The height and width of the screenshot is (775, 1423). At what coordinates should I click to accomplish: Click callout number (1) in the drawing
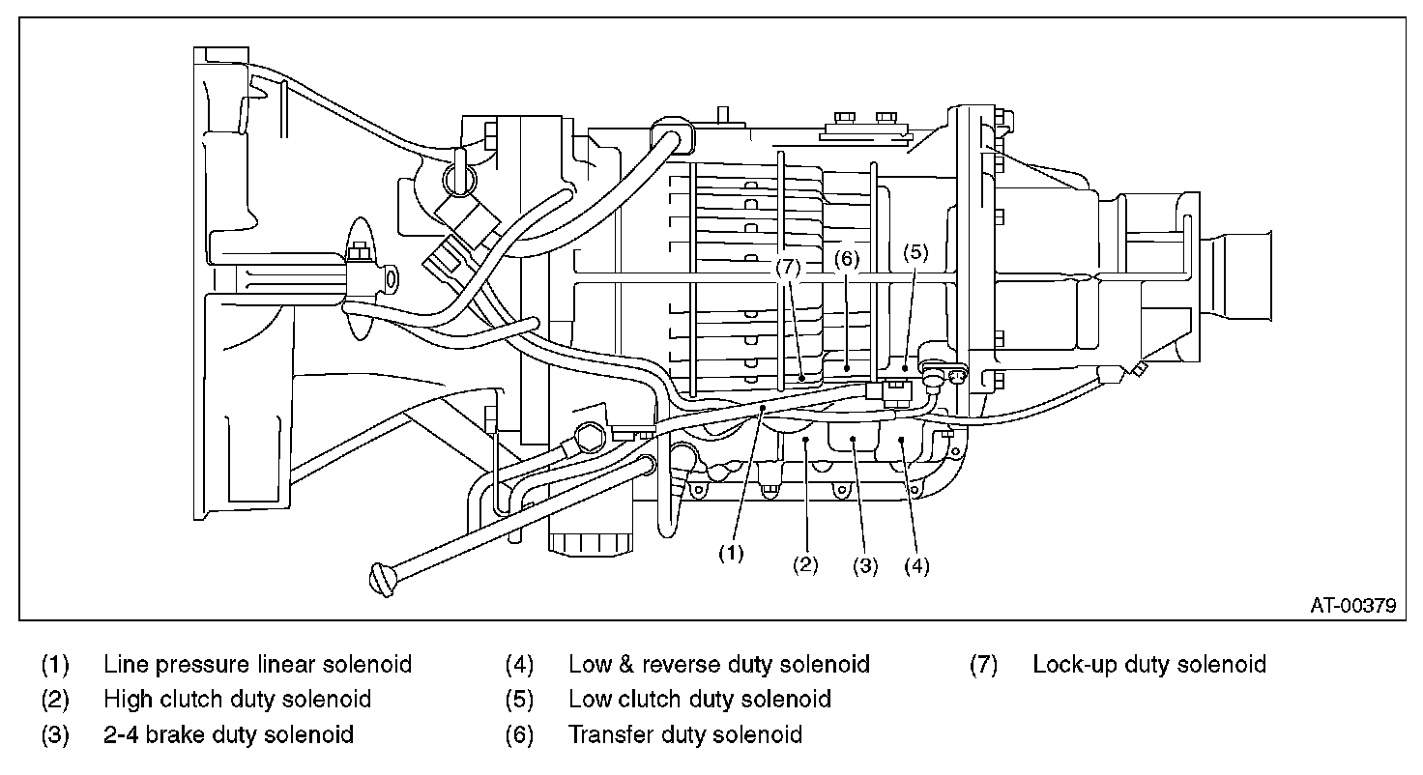[x=731, y=554]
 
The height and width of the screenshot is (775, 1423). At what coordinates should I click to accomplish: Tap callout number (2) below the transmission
[x=805, y=564]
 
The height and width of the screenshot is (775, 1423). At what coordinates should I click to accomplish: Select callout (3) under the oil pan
[x=864, y=565]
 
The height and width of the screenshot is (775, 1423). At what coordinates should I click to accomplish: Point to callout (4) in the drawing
[x=916, y=565]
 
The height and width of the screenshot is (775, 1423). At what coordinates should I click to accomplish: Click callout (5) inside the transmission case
[x=915, y=253]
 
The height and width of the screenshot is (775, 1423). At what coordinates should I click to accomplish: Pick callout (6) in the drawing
[x=846, y=259]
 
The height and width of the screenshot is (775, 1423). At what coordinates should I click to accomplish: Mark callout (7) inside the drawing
[x=788, y=268]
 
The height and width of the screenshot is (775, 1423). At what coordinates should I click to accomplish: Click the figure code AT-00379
[x=1353, y=605]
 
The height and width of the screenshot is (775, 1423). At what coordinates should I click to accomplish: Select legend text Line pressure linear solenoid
[x=257, y=665]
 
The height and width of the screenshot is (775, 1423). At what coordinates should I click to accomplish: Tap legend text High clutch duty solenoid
[x=237, y=700]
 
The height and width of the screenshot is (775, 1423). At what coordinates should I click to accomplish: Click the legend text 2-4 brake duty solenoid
[x=228, y=735]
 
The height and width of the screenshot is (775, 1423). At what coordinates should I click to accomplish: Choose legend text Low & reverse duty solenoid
[x=718, y=665]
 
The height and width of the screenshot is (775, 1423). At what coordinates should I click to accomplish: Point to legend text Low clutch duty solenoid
[x=700, y=700]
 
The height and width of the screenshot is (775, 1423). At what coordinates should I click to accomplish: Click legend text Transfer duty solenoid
[x=684, y=735]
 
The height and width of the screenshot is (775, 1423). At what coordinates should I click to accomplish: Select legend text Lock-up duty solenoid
[x=1149, y=665]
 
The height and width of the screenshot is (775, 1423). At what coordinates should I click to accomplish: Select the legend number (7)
[x=983, y=665]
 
